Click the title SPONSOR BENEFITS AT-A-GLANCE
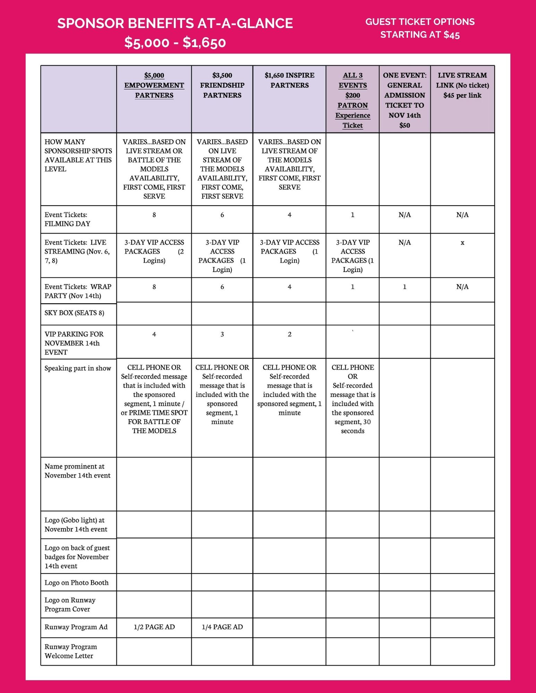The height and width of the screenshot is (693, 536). (x=175, y=23)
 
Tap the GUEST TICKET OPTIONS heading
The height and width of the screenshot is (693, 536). (x=420, y=22)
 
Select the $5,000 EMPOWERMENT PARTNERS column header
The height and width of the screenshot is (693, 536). (x=154, y=85)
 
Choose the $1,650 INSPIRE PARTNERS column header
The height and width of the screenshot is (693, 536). (x=289, y=80)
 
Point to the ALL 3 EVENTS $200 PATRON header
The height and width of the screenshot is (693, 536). (x=352, y=100)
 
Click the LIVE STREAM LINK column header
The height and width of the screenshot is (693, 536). (x=462, y=85)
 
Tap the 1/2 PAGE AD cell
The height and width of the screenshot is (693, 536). (x=154, y=627)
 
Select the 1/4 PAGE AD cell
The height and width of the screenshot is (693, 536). (x=222, y=627)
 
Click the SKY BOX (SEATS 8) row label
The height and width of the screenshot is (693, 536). (x=74, y=313)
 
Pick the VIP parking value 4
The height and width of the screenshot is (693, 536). (x=154, y=334)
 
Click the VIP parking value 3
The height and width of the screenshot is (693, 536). (x=222, y=334)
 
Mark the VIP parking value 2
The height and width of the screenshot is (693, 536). (x=289, y=334)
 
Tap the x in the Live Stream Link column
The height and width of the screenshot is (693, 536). (x=462, y=243)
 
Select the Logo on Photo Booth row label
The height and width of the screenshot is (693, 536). (x=76, y=583)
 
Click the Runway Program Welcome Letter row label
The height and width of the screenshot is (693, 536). (x=71, y=651)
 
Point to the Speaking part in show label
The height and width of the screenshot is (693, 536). (x=78, y=368)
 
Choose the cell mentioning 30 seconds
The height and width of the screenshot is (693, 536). (x=352, y=399)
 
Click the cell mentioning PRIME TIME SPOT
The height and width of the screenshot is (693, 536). (x=154, y=399)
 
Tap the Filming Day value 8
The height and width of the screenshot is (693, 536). (x=154, y=215)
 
